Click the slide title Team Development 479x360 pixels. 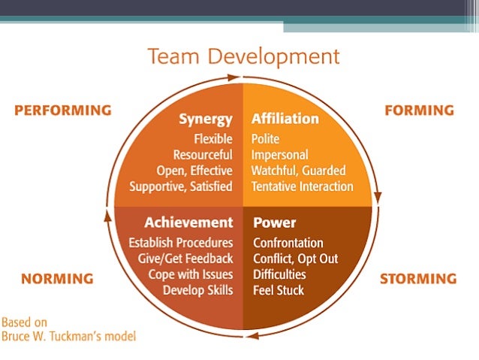pos(243,56)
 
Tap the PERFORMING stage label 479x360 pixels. pos(63,110)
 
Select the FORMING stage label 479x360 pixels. pos(419,110)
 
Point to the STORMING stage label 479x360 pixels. pos(418,279)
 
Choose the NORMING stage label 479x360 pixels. pos(57,279)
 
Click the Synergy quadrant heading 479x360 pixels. pos(206,119)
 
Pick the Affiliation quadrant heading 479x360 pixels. pos(285,119)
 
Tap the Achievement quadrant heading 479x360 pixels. pos(188,222)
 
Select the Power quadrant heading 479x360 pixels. pos(275,222)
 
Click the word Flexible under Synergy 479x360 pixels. pos(213,139)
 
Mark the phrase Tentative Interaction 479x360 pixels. pos(303,186)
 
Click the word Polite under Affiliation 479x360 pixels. pos(267,139)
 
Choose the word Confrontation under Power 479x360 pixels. pos(288,243)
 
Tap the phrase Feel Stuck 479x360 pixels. pos(279,289)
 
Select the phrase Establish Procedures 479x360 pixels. pos(181,243)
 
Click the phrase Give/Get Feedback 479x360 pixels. pos(187,259)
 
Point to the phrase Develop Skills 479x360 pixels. pos(198,289)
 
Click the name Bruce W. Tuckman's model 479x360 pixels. pos(68,336)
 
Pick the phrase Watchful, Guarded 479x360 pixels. pos(294,171)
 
